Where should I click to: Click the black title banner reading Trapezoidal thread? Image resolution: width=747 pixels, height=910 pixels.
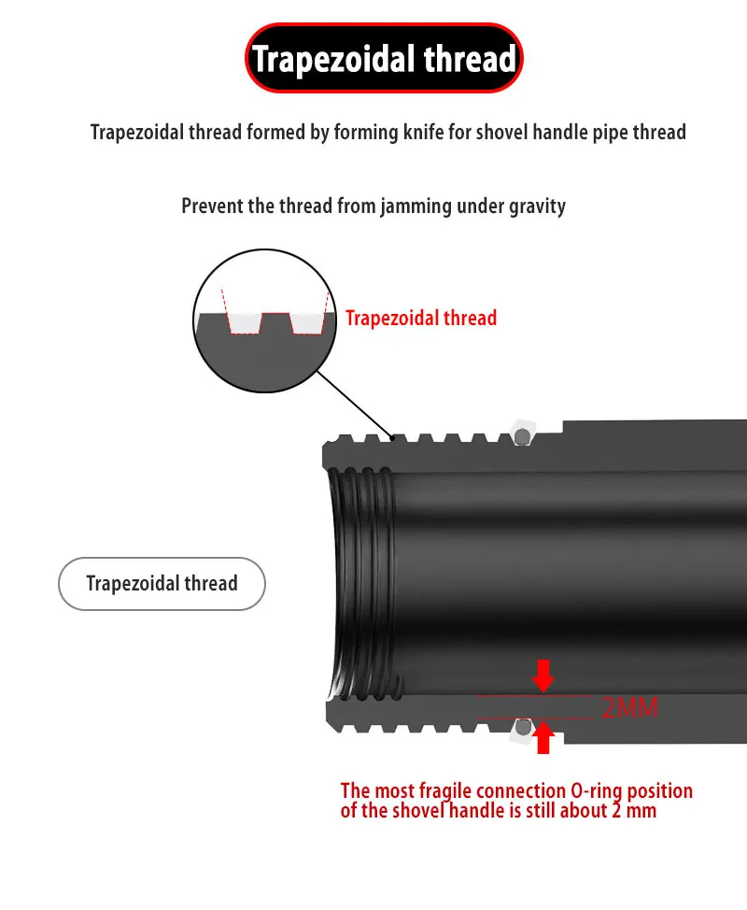[x=384, y=59]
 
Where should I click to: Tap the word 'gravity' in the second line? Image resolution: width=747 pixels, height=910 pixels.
[x=536, y=206]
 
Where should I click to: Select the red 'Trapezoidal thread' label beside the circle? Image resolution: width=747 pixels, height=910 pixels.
[x=421, y=318]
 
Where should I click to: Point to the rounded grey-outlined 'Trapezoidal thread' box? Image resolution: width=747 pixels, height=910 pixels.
[x=162, y=584]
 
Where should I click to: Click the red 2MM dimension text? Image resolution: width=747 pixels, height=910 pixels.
[x=629, y=707]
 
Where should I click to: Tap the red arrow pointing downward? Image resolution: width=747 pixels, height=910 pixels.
[x=543, y=675]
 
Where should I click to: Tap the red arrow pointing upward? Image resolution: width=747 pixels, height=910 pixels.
[x=543, y=739]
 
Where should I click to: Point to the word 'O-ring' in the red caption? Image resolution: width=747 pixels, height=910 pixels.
[x=595, y=791]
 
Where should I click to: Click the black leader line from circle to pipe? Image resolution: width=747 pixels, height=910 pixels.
[x=355, y=401]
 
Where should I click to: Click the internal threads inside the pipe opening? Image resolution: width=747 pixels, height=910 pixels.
[x=359, y=584]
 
